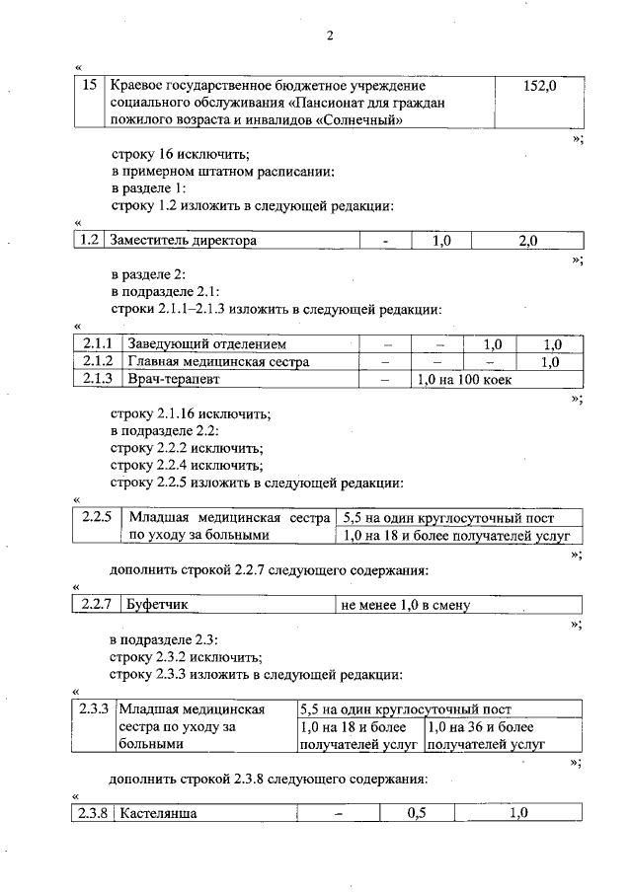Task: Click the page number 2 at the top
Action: point(331,37)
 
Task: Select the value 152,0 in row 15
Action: point(539,87)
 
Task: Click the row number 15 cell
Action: point(90,87)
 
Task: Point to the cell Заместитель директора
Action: point(183,240)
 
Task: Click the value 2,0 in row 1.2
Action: point(527,240)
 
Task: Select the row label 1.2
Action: point(90,240)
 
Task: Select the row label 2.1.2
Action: point(97,361)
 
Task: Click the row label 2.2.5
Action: point(97,518)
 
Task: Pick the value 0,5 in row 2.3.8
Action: point(415,813)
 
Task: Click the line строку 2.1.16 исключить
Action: point(191,414)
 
